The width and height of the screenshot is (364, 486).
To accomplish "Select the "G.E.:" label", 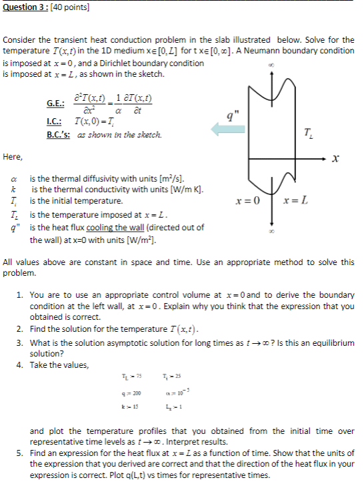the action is [x=55, y=103].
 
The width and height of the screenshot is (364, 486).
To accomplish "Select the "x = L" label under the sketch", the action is [x=295, y=200].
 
